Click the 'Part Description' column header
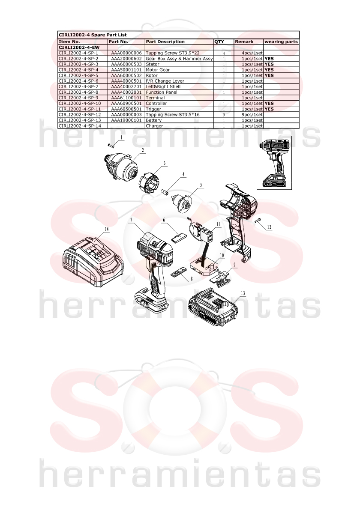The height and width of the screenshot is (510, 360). click(165, 42)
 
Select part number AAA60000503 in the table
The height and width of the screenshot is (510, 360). click(126, 64)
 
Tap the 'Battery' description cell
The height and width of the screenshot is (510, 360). click(153, 120)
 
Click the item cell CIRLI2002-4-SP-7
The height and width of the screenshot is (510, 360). click(78, 86)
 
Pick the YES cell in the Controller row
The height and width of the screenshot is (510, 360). click(269, 104)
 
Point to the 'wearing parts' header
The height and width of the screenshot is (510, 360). click(281, 42)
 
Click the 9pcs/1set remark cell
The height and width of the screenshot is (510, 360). click(252, 114)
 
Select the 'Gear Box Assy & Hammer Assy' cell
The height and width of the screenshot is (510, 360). click(179, 59)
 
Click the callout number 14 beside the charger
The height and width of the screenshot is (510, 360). click(106, 229)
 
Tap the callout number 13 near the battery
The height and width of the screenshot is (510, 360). click(243, 293)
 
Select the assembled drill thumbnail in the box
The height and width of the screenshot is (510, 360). click(274, 163)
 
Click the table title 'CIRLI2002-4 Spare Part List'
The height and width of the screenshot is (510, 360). click(93, 35)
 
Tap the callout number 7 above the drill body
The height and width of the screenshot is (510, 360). click(131, 220)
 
